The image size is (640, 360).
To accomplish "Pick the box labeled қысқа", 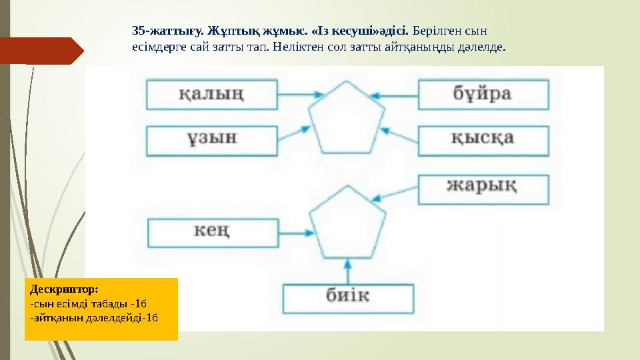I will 483,139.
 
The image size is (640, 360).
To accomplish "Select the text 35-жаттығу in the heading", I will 167,31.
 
